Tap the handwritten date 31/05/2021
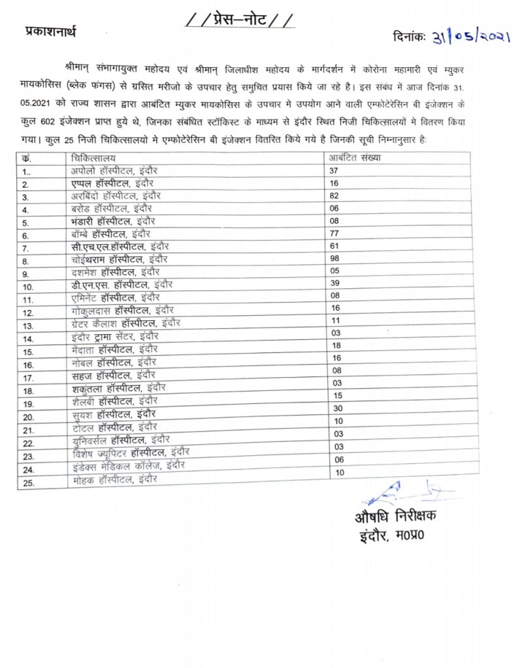[x=470, y=38]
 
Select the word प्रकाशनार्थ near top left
[x=50, y=31]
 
